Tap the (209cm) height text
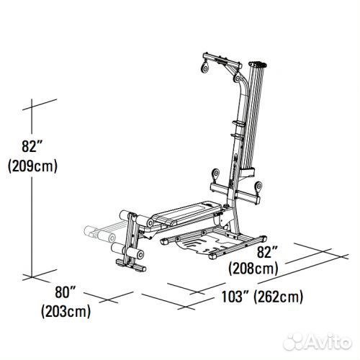pyautogui.click(x=32, y=166)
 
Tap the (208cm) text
pyautogui.click(x=251, y=269)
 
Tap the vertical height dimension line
pyautogui.click(x=34, y=216)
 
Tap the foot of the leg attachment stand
pyautogui.click(x=132, y=268)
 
